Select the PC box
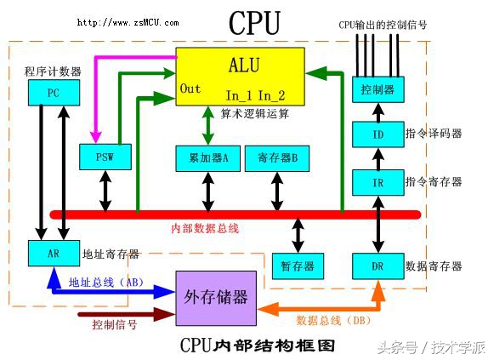(x=52, y=93)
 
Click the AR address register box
(x=52, y=254)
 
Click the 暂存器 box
(x=298, y=266)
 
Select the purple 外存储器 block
(x=216, y=298)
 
